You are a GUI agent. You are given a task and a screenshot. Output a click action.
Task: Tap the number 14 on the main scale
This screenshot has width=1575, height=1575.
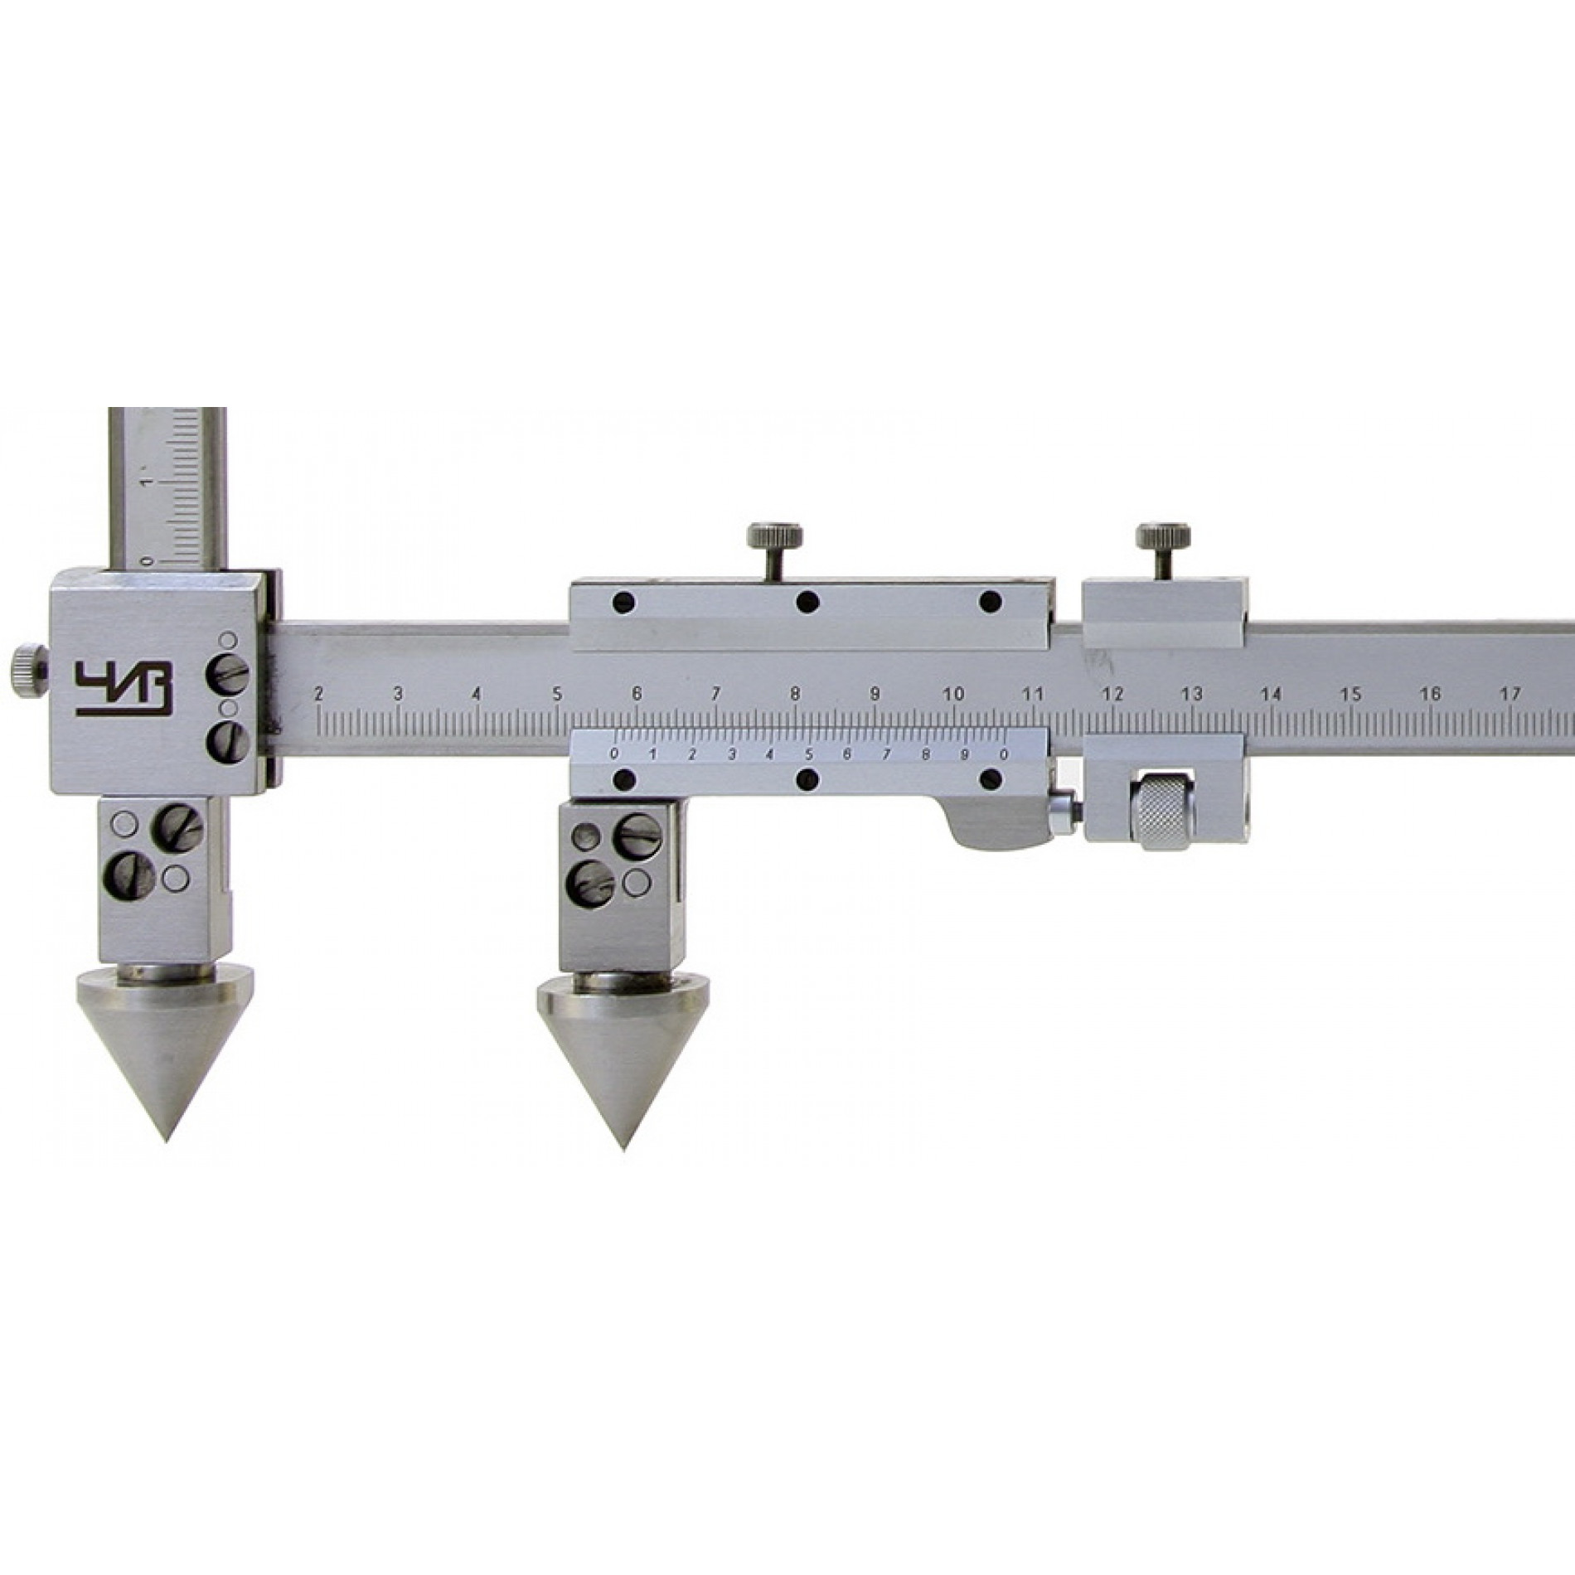(1271, 693)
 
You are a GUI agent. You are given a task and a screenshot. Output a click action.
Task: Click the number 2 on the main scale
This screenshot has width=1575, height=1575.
(318, 693)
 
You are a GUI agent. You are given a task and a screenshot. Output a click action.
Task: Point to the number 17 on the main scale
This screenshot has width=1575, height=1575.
(1510, 693)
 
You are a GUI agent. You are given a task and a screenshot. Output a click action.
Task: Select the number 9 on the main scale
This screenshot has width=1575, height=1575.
(875, 693)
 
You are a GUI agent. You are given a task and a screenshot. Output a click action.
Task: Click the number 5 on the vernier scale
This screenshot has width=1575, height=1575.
(808, 754)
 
